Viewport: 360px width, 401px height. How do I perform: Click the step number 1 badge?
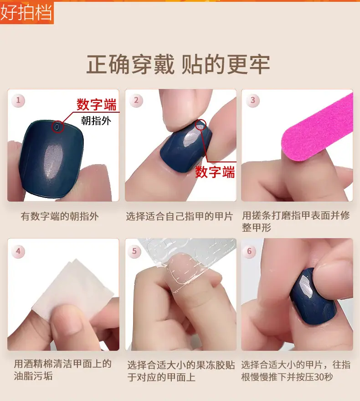[18, 100]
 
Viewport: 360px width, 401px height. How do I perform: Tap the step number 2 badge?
[136, 100]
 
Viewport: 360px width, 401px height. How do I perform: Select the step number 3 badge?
[253, 100]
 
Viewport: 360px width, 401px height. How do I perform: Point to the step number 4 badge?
[18, 251]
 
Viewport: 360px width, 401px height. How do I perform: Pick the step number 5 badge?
[134, 251]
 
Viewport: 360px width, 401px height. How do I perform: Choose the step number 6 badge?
[249, 251]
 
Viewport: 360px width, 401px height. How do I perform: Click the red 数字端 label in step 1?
[97, 104]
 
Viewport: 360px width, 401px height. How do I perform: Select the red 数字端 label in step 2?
[215, 172]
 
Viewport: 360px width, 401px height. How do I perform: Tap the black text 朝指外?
[96, 120]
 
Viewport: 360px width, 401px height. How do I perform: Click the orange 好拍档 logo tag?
[27, 12]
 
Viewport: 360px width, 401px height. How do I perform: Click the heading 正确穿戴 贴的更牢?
[178, 64]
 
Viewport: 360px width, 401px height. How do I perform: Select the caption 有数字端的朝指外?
[60, 216]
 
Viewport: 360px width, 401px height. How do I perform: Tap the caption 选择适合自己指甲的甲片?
[180, 216]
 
